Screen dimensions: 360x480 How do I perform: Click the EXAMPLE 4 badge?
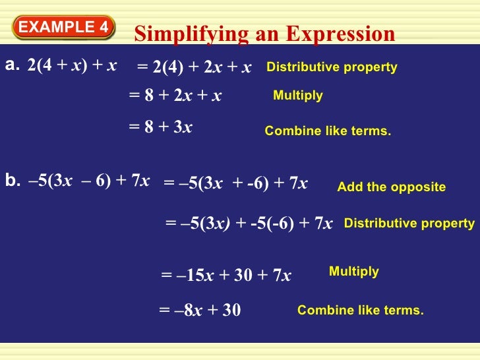[63, 27]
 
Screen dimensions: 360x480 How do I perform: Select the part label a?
[13, 65]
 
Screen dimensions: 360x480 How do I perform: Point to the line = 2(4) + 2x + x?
[194, 67]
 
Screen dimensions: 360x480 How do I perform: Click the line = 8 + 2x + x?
[175, 96]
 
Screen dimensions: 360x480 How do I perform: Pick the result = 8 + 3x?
[160, 127]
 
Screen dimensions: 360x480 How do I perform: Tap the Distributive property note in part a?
[332, 67]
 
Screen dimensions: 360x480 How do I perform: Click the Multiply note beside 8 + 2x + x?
[297, 96]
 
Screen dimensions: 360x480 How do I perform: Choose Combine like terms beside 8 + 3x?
[328, 131]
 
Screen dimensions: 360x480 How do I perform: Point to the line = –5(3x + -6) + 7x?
[235, 183]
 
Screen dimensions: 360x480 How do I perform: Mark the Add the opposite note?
[391, 187]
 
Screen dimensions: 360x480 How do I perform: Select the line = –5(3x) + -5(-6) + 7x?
[249, 223]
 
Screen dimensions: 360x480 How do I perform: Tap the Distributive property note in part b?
[409, 224]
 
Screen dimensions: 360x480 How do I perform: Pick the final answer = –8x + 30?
[200, 309]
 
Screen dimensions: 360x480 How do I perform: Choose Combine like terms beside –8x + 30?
[360, 309]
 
